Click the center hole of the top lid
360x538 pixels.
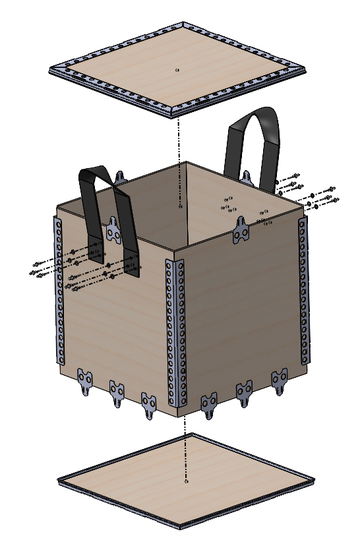(178, 69)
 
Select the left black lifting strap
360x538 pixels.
(105, 211)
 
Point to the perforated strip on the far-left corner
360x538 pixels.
(59, 290)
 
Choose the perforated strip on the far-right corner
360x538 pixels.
(303, 290)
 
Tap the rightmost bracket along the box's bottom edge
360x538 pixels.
(280, 381)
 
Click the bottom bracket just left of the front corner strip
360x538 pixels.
(149, 403)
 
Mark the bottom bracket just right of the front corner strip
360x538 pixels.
(210, 403)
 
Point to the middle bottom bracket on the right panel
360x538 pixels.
(245, 392)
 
